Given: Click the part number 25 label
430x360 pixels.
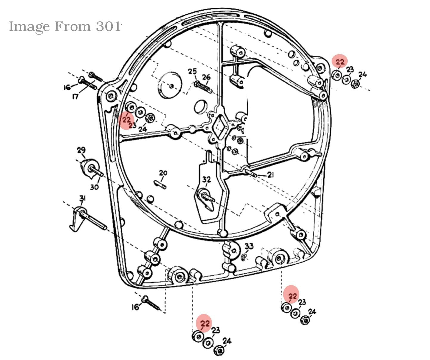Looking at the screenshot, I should [x=192, y=72].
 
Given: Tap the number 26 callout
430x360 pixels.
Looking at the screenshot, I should [x=206, y=77].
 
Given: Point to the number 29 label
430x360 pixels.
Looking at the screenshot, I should [x=81, y=150].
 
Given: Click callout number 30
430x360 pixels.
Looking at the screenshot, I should [x=95, y=187].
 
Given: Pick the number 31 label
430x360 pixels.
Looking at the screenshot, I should [x=82, y=198].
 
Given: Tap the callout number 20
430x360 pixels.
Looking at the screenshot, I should [x=163, y=173].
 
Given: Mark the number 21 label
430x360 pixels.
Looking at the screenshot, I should [x=270, y=175].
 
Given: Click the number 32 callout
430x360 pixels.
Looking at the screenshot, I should [x=206, y=179].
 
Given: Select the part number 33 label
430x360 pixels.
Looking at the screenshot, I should [x=249, y=246].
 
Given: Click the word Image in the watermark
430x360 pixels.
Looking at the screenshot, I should [x=29, y=27].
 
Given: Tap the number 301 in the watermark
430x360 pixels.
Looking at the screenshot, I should [x=109, y=27].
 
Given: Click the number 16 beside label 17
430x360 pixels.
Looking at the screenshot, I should [x=67, y=87].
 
